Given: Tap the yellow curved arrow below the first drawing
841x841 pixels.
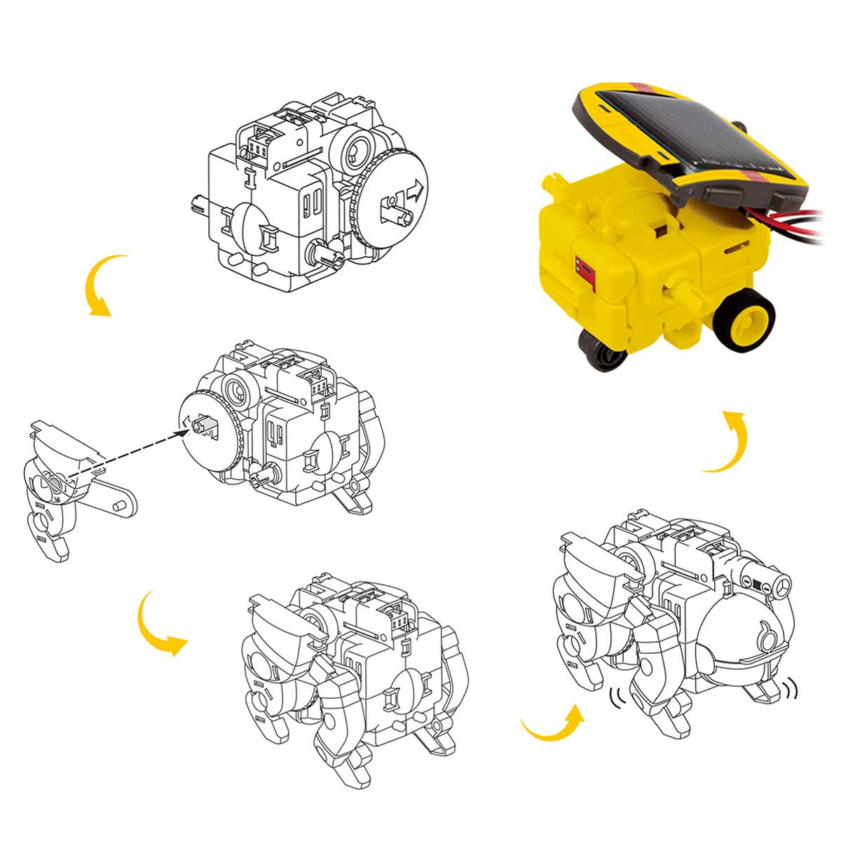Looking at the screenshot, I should click(98, 285).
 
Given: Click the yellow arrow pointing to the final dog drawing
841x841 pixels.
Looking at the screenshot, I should click(554, 725).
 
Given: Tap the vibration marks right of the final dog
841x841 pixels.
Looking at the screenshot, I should click(791, 690).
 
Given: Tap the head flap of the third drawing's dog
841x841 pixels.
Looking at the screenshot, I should click(280, 620).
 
